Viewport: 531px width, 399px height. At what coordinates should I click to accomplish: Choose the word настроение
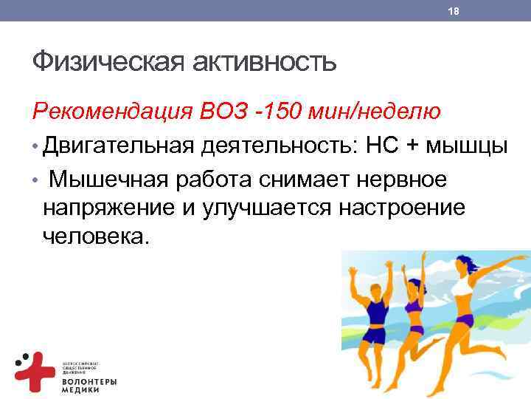click(402, 208)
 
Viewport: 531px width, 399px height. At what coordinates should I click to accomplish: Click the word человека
click(95, 237)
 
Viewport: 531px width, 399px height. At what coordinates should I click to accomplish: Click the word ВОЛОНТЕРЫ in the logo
click(88, 381)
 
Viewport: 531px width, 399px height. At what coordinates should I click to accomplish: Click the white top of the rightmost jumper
click(462, 285)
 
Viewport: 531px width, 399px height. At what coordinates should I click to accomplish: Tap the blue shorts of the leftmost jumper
click(374, 335)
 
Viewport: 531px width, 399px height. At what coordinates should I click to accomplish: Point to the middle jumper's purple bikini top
click(415, 304)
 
